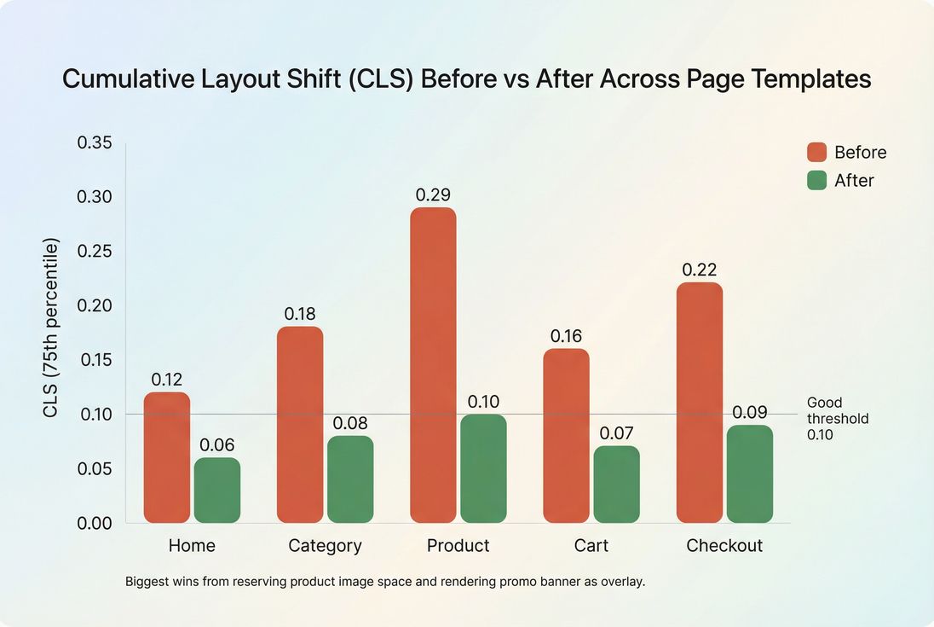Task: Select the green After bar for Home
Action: point(217,491)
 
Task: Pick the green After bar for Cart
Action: point(617,485)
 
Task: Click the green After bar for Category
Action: point(350,479)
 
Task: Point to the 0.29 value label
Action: point(433,195)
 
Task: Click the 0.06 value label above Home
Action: point(217,445)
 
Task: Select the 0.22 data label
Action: point(700,270)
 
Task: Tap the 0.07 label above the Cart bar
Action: point(617,433)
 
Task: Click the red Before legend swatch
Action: point(816,153)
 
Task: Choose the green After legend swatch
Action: point(816,181)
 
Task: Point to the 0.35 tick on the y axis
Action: point(95,143)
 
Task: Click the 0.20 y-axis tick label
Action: point(95,305)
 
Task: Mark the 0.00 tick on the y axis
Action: point(95,523)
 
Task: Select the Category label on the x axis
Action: point(325,546)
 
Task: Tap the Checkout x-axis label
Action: point(724,546)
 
